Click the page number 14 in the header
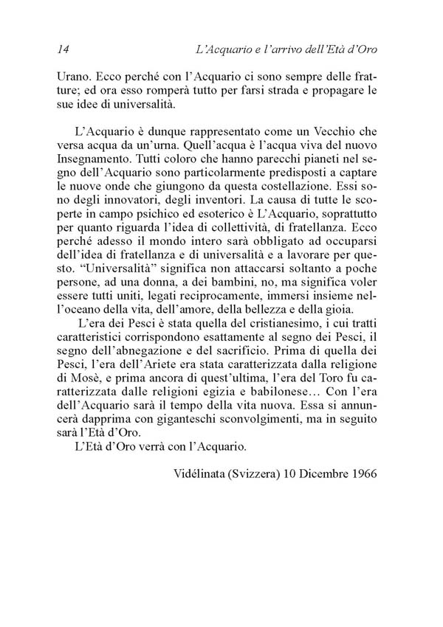[x=63, y=49]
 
